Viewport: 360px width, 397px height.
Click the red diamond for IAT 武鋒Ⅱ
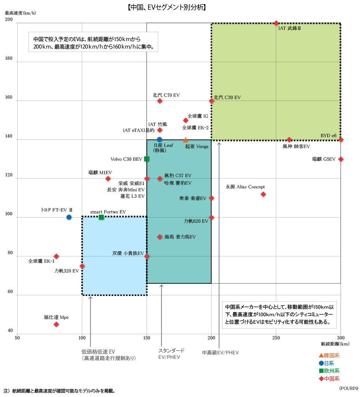276,23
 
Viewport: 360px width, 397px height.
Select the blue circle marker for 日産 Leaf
160,139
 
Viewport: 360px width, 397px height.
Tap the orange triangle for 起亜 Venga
185,140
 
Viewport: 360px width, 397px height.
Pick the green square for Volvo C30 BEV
147,159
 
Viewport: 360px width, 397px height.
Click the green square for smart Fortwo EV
101,217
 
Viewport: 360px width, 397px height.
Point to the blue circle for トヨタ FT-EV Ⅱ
69,217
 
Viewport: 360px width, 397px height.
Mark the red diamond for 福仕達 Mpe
56,324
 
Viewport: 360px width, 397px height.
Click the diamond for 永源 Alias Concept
263,194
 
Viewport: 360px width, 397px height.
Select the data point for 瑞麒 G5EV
341,159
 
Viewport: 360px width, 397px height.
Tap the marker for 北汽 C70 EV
160,101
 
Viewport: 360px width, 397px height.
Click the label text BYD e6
328,135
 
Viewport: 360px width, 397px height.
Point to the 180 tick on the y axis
9,58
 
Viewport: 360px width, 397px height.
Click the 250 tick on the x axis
276,338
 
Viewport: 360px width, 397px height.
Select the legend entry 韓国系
329,356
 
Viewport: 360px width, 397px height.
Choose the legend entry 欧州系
329,371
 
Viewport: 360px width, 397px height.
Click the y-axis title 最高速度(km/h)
21,13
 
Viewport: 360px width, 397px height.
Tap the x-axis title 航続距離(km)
335,344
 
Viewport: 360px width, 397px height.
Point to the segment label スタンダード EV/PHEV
171,354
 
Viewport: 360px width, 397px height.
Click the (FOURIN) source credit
348,388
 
